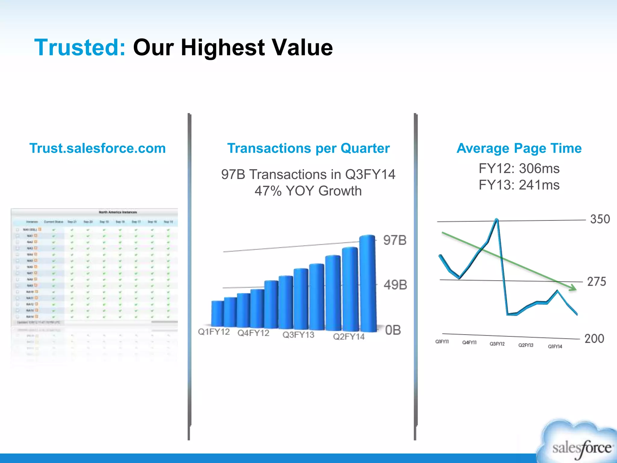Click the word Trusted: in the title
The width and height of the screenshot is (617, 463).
click(x=80, y=48)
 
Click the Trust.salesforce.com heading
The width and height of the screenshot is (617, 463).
click(x=98, y=148)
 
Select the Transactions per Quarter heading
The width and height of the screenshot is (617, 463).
click(x=308, y=148)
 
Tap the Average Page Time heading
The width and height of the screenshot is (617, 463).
click(x=519, y=148)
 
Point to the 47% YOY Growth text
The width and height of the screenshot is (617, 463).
click(x=308, y=191)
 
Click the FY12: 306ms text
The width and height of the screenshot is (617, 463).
click(x=519, y=169)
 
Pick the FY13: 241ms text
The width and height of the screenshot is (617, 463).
click(x=519, y=185)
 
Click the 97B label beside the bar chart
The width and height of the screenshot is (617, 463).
click(x=395, y=241)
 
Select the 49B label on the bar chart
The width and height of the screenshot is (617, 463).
click(x=395, y=285)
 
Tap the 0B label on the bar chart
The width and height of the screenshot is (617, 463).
click(x=393, y=330)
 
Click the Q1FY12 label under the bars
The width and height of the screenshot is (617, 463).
click(x=214, y=332)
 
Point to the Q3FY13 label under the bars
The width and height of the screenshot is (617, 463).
click(x=298, y=335)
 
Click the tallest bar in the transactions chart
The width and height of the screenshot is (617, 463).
click(x=368, y=283)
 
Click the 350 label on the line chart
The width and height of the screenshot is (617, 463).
click(x=600, y=219)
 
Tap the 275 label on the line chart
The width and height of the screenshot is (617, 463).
click(x=597, y=282)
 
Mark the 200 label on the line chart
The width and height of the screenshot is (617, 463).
click(x=594, y=339)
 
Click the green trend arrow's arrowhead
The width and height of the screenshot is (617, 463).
click(x=573, y=288)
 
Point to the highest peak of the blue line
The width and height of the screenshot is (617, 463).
click(x=496, y=220)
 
